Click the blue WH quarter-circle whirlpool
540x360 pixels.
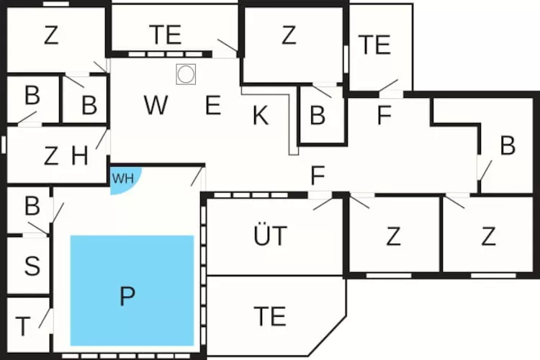pyautogui.click(x=125, y=179)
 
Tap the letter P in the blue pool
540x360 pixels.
pyautogui.click(x=127, y=296)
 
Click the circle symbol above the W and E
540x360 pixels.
pyautogui.click(x=186, y=74)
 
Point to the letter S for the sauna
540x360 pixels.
pyautogui.click(x=32, y=266)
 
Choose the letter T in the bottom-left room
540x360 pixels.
pyautogui.click(x=23, y=326)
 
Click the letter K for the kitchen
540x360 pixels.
pyautogui.click(x=261, y=115)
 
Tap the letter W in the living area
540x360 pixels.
pyautogui.click(x=156, y=104)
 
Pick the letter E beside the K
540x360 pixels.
pyautogui.click(x=213, y=105)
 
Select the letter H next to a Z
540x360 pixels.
pyautogui.click(x=79, y=156)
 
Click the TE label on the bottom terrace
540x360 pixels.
pyautogui.click(x=270, y=316)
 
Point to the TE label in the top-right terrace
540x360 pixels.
pyautogui.click(x=374, y=45)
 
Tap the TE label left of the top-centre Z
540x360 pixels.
pyautogui.click(x=166, y=35)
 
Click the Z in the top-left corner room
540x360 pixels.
pyautogui.click(x=51, y=35)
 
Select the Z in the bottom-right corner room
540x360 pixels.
pyautogui.click(x=488, y=236)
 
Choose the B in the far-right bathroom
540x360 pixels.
pyautogui.click(x=508, y=145)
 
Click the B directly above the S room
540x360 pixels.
pyautogui.click(x=32, y=206)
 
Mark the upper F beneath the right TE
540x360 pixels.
pyautogui.click(x=384, y=115)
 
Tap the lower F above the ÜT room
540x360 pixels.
pyautogui.click(x=318, y=176)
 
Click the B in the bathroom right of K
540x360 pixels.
pyautogui.click(x=318, y=115)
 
